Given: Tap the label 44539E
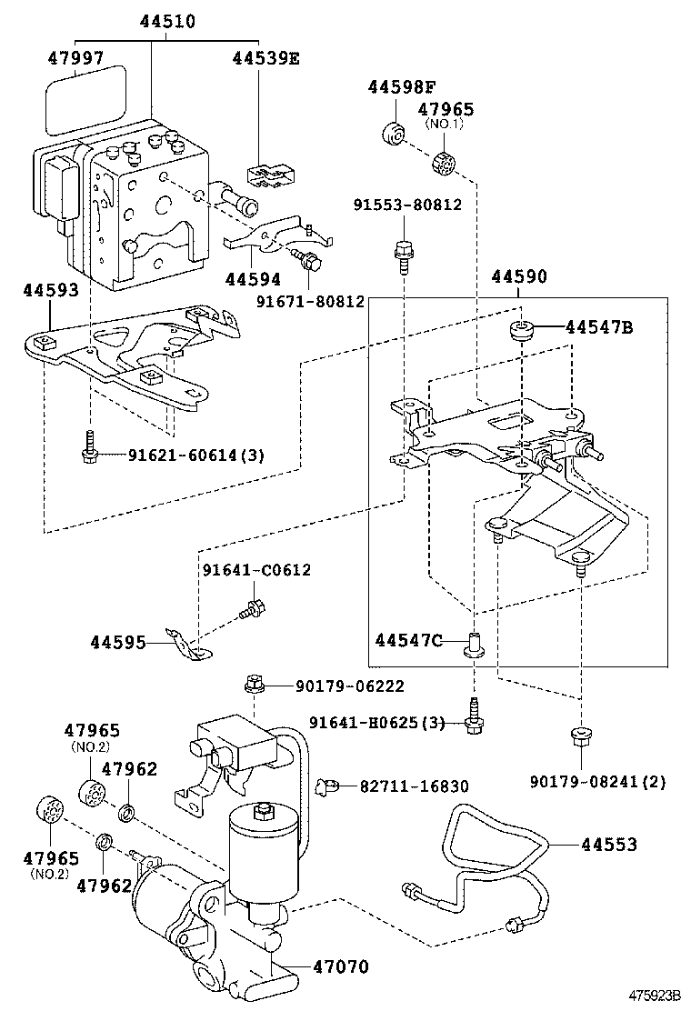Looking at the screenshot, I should (265, 57).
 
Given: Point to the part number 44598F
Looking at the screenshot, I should (402, 87).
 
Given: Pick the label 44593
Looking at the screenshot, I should (51, 290).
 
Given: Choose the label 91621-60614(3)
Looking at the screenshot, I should (183, 455).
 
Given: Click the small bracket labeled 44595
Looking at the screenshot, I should (187, 643).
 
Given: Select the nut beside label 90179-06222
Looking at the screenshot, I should (254, 683).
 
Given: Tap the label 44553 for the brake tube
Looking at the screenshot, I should (609, 845).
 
